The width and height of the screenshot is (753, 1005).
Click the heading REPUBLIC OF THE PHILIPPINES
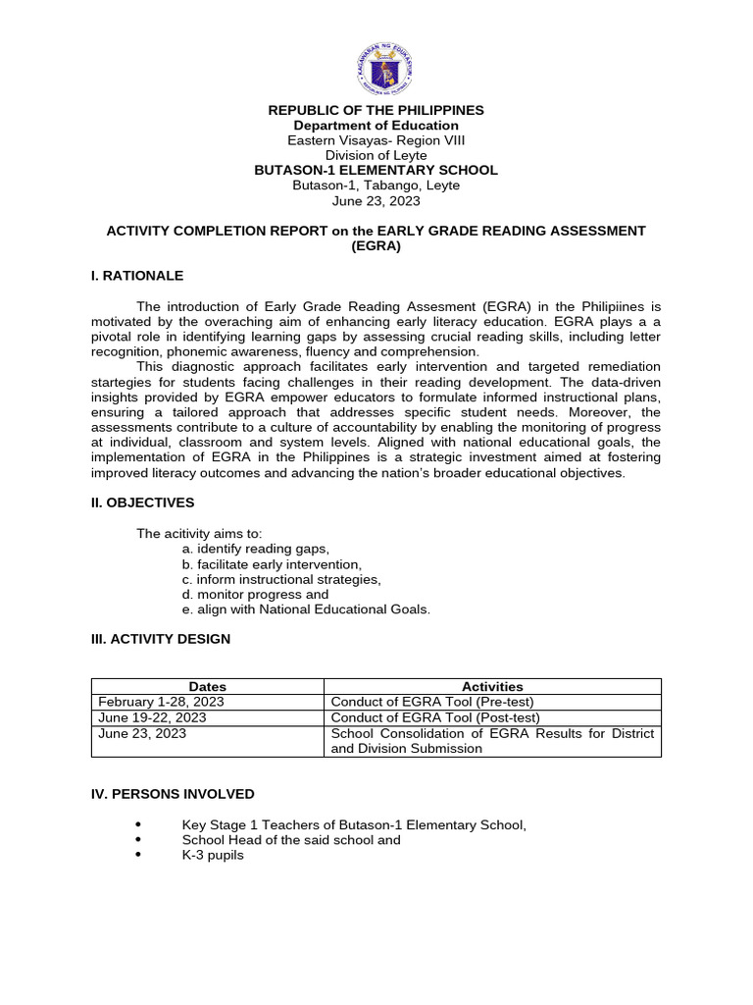point(376,110)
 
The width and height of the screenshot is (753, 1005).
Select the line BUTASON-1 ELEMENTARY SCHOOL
point(376,170)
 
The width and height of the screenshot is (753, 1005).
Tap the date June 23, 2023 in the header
point(376,200)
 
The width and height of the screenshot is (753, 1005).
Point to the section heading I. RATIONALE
point(137,276)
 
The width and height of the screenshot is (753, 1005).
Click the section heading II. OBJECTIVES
point(142,502)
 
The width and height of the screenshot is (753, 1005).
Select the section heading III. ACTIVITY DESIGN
point(161,639)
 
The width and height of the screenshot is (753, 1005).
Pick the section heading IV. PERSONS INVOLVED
point(173,794)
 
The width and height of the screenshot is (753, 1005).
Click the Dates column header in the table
point(207,687)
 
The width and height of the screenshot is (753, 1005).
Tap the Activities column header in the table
point(492,687)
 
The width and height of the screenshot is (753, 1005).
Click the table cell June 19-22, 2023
point(152,717)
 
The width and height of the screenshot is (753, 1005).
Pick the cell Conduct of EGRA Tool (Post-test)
point(435,717)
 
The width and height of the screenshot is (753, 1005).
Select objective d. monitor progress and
point(255,594)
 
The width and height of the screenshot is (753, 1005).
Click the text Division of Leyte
point(376,155)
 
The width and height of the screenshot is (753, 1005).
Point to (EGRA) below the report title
point(376,246)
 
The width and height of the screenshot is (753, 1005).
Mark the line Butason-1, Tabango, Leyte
point(376,185)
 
